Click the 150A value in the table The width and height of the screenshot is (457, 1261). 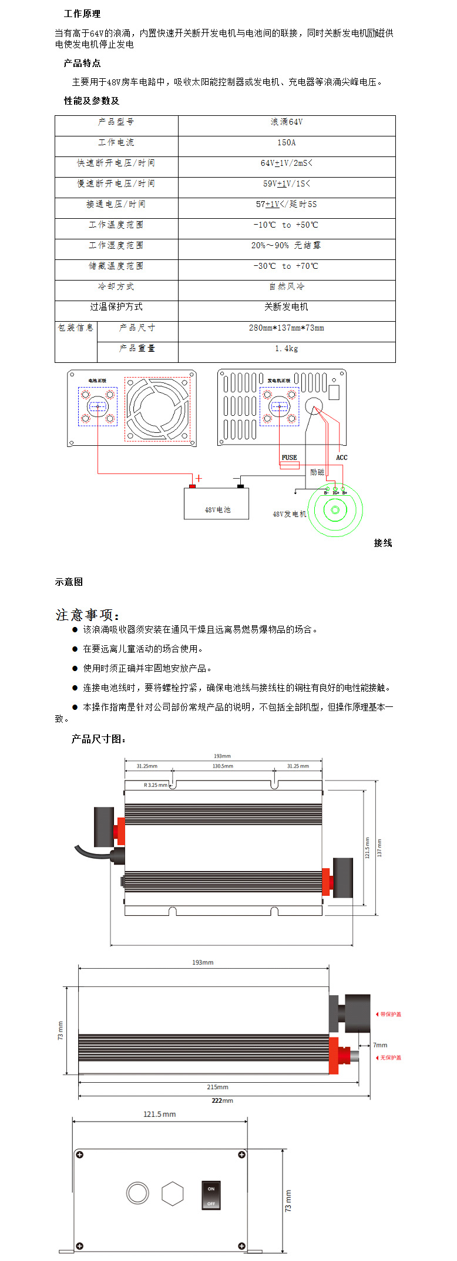(x=286, y=142)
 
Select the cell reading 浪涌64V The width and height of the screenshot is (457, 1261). (x=286, y=122)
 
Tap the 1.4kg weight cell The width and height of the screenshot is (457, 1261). (x=286, y=348)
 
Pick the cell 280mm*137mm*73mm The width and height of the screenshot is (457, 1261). (x=286, y=328)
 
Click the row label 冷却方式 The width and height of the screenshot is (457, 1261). (x=116, y=286)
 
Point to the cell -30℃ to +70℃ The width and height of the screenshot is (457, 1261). (x=286, y=266)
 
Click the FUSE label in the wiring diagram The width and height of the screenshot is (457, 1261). (x=289, y=458)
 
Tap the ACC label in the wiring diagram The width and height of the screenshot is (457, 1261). (x=341, y=458)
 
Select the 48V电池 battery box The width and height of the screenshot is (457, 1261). (x=217, y=505)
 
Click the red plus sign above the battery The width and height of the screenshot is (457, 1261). (x=199, y=478)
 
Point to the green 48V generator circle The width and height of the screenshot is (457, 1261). (x=335, y=509)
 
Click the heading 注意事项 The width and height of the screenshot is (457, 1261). (x=88, y=615)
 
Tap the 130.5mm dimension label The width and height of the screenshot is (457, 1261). (x=223, y=766)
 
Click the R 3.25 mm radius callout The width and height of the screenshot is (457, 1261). (x=155, y=785)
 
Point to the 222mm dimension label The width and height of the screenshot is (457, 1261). (x=222, y=1100)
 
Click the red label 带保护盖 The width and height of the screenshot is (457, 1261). (x=391, y=1014)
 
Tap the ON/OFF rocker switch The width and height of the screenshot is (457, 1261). (x=211, y=1193)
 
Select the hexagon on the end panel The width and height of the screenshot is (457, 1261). (x=172, y=1194)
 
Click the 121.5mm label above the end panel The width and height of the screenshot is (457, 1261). (x=159, y=1114)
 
